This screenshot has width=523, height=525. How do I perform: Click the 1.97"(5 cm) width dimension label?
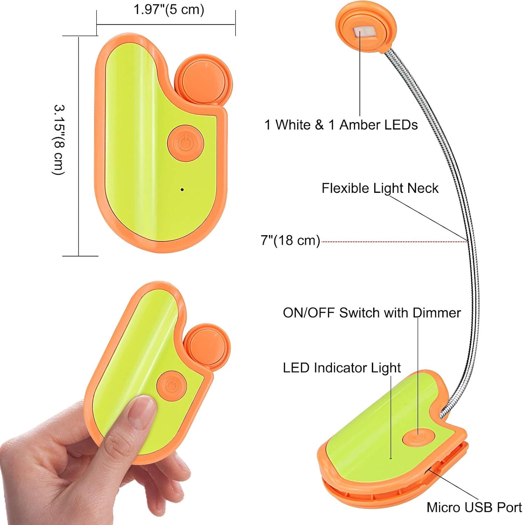169,9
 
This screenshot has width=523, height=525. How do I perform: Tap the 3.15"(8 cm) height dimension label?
59,140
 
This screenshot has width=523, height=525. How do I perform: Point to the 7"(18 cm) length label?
290,240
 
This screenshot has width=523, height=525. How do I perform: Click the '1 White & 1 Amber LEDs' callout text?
341,125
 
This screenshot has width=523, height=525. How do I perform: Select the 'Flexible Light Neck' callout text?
380,188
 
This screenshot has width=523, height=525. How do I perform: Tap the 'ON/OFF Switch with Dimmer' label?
372,313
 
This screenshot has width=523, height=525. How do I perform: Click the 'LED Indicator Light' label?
342,368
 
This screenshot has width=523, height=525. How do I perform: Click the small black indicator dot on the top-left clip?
182,189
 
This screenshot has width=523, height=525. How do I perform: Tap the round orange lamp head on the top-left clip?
203,82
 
